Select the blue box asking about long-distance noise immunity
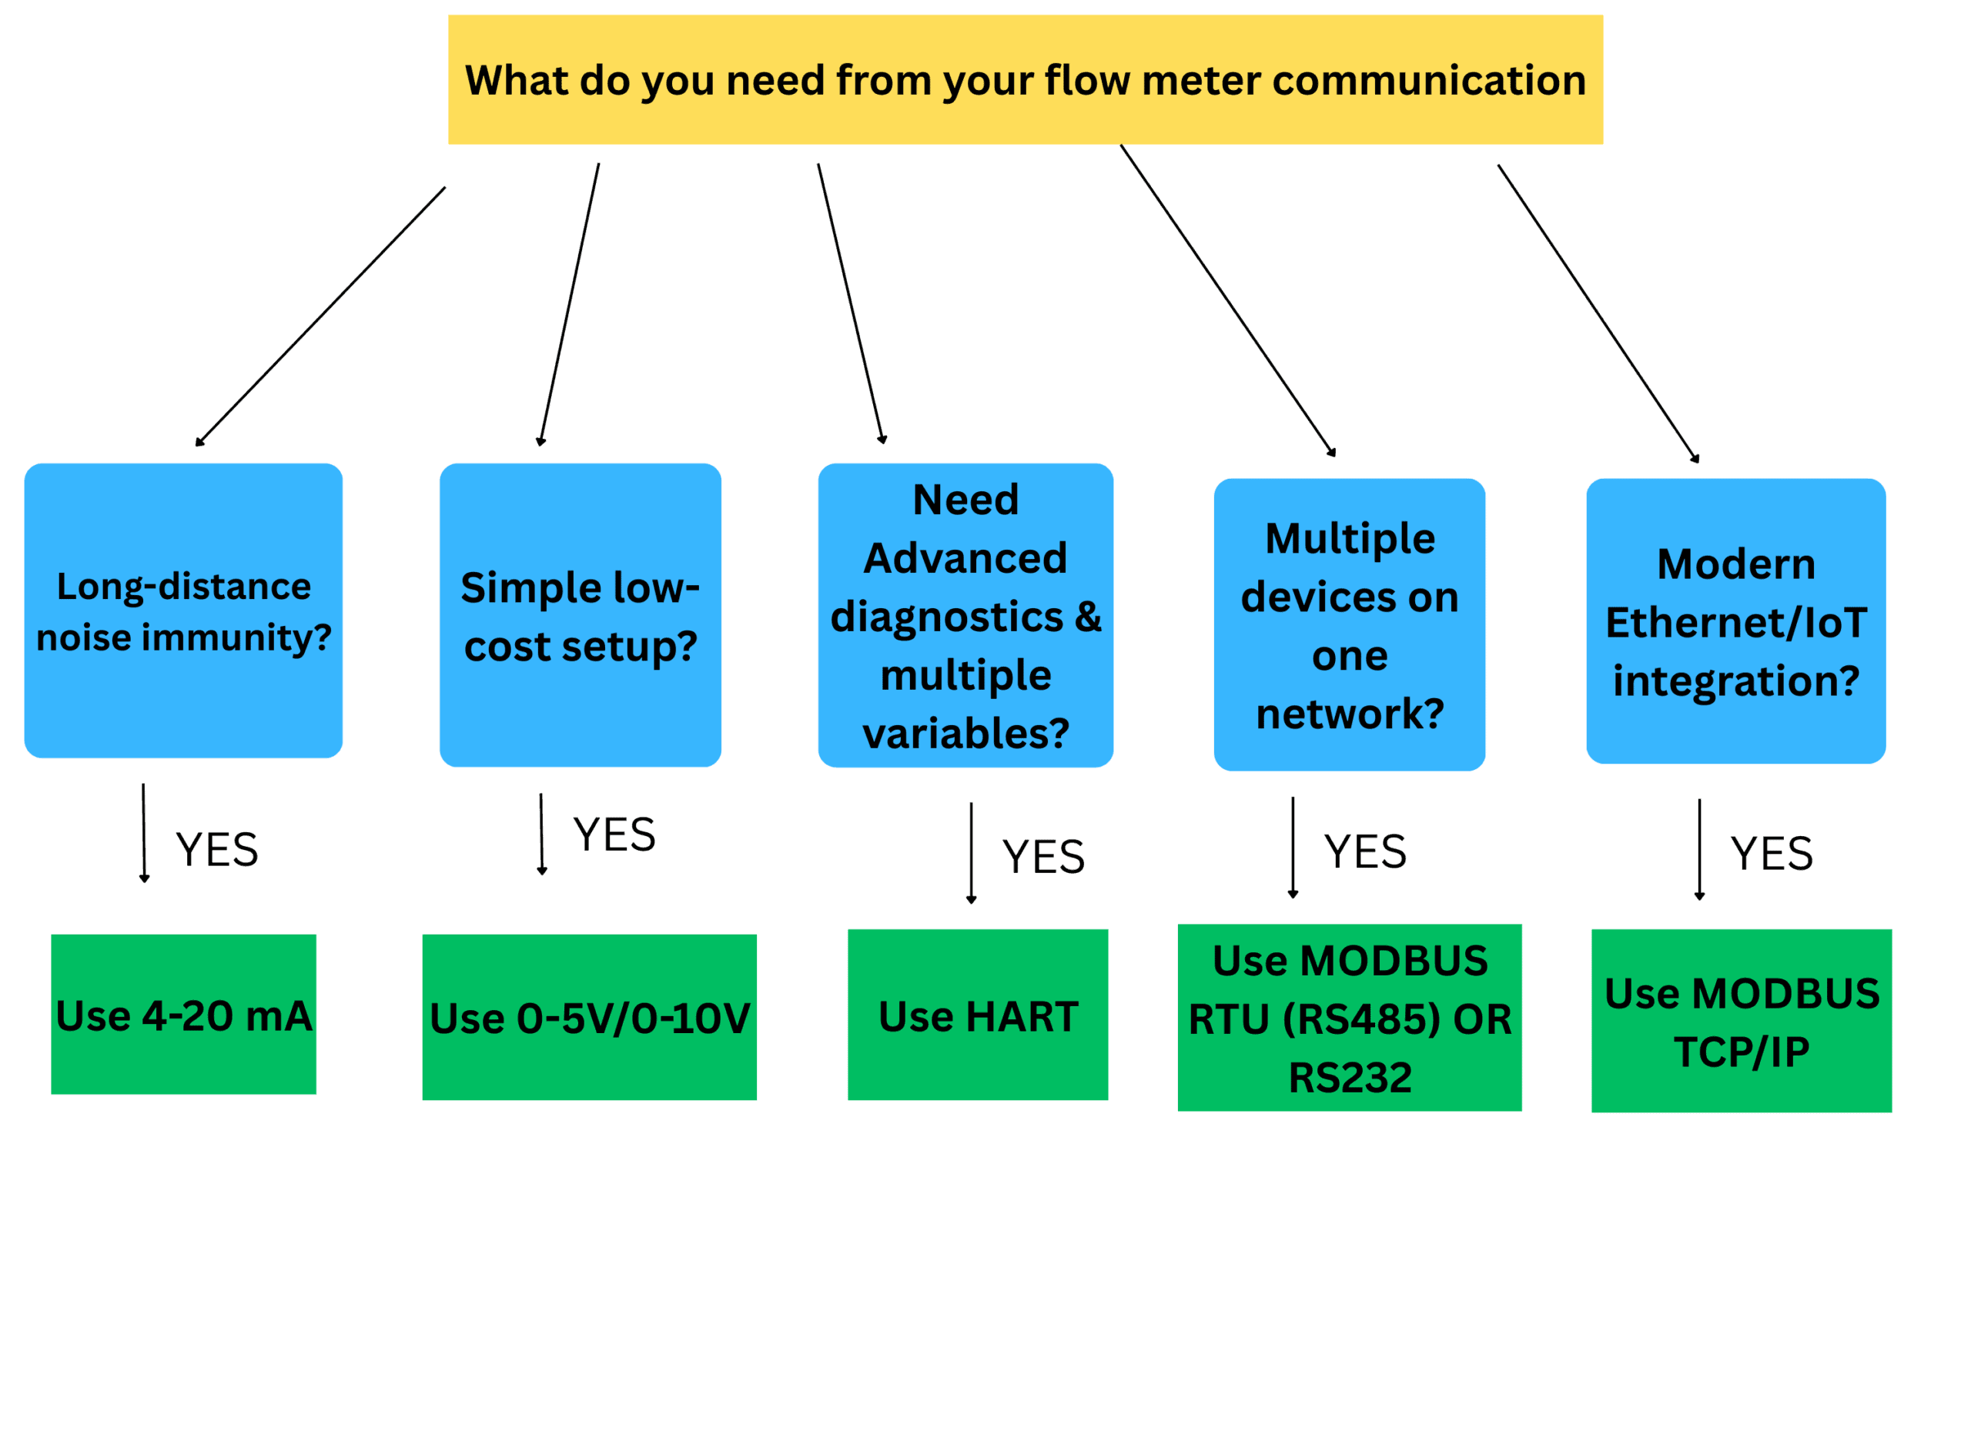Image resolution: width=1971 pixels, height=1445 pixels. tap(182, 610)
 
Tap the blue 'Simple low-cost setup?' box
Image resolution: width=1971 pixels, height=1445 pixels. tap(580, 615)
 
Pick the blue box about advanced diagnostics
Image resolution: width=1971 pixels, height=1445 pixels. tap(965, 615)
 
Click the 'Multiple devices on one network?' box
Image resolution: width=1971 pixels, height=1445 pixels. tap(1349, 624)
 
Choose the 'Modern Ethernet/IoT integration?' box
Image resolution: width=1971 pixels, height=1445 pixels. tap(1735, 621)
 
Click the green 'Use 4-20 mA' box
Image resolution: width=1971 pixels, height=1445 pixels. tap(182, 1015)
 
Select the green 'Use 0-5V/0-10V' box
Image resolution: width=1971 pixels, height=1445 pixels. tap(589, 1017)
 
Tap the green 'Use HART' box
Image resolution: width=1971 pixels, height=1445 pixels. tap(977, 1015)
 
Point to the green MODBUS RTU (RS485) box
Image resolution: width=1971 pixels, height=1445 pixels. tap(1349, 1017)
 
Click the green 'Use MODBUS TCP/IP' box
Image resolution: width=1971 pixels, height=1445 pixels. tap(1741, 1021)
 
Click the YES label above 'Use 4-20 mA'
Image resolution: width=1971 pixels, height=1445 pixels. tap(217, 850)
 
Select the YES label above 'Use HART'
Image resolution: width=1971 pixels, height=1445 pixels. tap(1042, 856)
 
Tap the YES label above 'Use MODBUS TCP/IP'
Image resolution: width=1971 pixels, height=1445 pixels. tap(1772, 854)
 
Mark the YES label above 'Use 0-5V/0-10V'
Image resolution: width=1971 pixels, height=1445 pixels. tap(614, 835)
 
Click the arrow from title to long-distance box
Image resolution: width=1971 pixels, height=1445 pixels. tap(320, 316)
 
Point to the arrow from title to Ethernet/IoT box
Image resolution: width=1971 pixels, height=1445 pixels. tap(1598, 313)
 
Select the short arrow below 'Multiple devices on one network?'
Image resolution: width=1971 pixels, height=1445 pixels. tap(1292, 847)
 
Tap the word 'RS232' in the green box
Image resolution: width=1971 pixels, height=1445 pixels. tap(1349, 1078)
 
